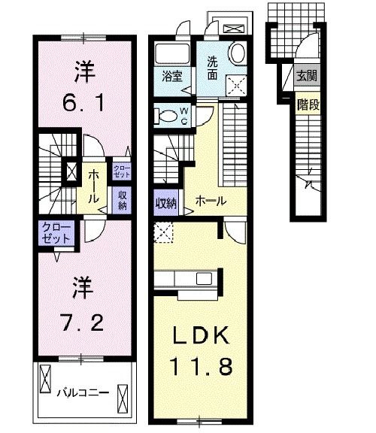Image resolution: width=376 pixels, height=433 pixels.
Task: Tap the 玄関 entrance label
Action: pos(306,75)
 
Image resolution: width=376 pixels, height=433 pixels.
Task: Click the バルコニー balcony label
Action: pos(83,392)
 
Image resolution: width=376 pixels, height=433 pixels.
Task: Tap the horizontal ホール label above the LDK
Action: pos(208,201)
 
